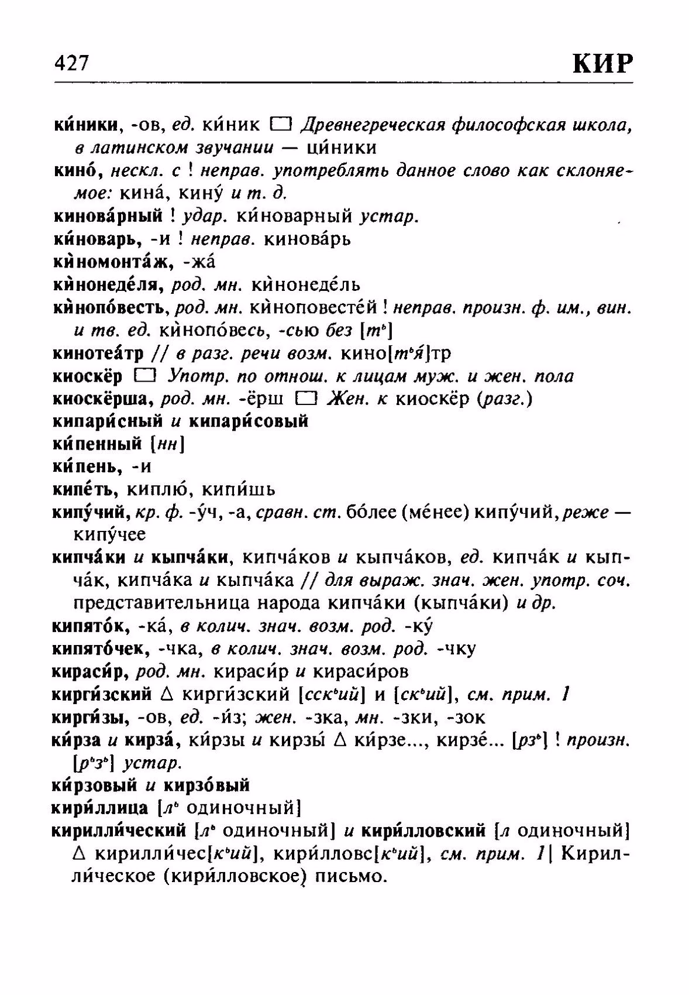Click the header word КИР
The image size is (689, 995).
(602, 63)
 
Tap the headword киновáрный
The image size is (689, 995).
(108, 217)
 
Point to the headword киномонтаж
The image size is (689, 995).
(109, 262)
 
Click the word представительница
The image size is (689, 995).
(155, 603)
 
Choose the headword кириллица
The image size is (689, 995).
(99, 808)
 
